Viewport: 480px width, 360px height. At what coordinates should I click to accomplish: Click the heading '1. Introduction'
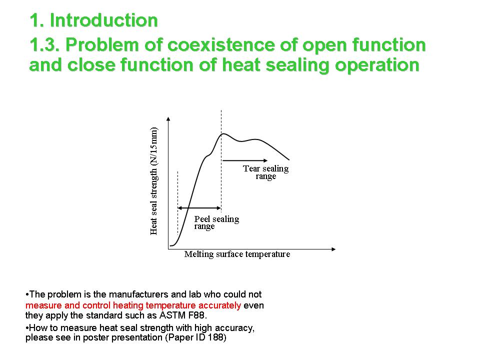click(x=93, y=20)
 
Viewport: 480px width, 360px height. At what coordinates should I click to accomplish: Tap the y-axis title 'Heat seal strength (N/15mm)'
click(x=154, y=181)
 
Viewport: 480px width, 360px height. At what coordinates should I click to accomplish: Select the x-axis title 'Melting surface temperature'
click(x=237, y=254)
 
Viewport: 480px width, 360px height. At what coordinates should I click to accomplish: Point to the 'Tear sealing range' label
click(x=265, y=172)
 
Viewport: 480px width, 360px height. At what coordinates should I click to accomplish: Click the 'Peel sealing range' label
click(x=216, y=222)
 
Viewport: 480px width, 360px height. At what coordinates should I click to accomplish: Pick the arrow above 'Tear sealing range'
click(x=245, y=160)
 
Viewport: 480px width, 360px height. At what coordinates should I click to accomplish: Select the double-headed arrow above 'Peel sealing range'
click(x=199, y=208)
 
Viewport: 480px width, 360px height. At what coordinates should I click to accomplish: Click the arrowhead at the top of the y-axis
click(x=168, y=119)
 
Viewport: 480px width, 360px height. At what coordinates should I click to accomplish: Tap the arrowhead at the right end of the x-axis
click(x=333, y=249)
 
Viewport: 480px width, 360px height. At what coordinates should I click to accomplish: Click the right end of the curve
click(x=289, y=159)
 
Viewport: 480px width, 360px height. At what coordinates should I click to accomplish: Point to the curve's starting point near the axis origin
click(x=170, y=245)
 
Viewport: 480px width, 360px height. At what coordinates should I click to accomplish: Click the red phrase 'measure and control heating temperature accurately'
click(x=133, y=305)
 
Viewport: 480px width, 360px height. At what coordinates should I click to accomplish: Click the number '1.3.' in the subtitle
click(x=45, y=45)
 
